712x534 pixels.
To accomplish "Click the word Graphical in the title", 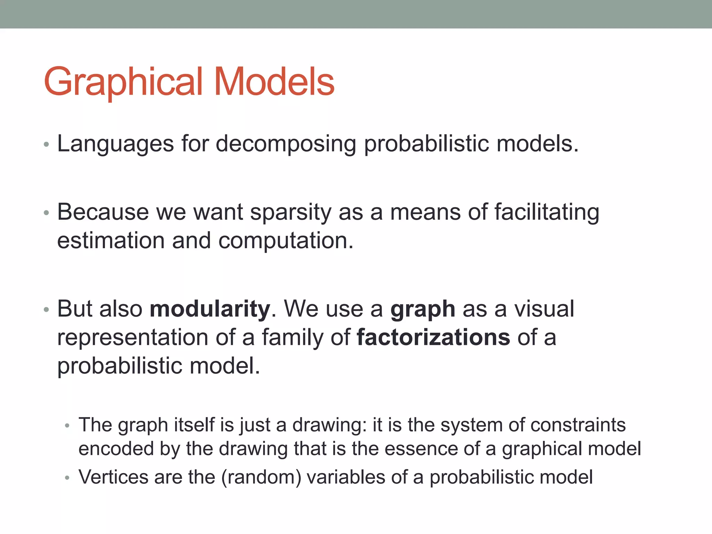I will coord(123,82).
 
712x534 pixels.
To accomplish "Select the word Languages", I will coord(115,144).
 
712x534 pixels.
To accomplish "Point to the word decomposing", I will coord(286,144).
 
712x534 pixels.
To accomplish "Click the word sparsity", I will coord(291,212).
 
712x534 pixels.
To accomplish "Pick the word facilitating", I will coord(547,212).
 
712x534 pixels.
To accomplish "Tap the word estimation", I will coord(111,241).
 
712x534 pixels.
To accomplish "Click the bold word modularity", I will coord(210,309).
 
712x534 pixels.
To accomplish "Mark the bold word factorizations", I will coord(433,337).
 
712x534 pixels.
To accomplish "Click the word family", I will coord(292,338).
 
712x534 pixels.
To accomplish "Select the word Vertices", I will coord(114,477).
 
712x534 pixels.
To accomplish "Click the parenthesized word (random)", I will coord(261,477).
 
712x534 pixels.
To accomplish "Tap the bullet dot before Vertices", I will coord(67,478).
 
